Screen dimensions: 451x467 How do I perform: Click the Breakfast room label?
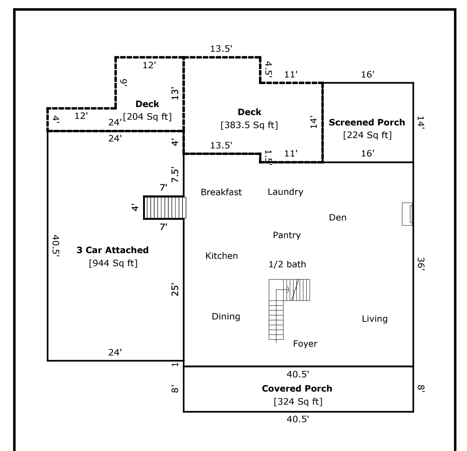pyautogui.click(x=221, y=193)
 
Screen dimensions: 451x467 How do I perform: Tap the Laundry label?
pyautogui.click(x=285, y=192)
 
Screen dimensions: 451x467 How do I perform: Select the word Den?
pyautogui.click(x=337, y=217)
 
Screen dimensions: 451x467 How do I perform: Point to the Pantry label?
pyautogui.click(x=286, y=235)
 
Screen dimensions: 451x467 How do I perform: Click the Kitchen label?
pyautogui.click(x=221, y=256)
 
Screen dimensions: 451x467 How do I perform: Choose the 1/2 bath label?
pyautogui.click(x=287, y=264)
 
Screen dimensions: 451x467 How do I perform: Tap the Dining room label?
pyautogui.click(x=226, y=316)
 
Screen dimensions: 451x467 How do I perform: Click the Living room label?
pyautogui.click(x=375, y=319)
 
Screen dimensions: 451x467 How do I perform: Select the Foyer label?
pyautogui.click(x=305, y=344)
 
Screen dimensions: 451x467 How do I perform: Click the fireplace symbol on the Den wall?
pyautogui.click(x=407, y=214)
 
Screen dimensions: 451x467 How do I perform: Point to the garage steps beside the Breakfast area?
pyautogui.click(x=164, y=207)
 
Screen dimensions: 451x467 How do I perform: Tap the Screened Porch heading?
pyautogui.click(x=367, y=122)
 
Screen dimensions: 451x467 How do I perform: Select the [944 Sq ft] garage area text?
pyautogui.click(x=113, y=263)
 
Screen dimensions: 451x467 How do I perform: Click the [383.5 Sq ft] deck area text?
pyautogui.click(x=249, y=125)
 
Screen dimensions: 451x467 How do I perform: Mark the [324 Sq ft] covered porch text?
pyautogui.click(x=298, y=402)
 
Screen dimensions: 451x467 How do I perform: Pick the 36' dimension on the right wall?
pyautogui.click(x=421, y=264)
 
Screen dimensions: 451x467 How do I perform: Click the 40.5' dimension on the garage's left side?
pyautogui.click(x=56, y=245)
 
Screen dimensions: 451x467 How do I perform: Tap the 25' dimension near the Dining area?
pyautogui.click(x=175, y=290)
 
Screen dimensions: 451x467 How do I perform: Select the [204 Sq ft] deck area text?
pyautogui.click(x=147, y=116)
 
